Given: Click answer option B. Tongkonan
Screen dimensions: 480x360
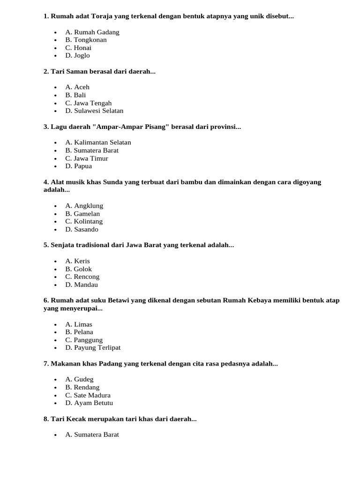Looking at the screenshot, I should [x=86, y=40].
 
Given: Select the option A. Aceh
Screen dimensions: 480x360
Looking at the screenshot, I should [x=77, y=87].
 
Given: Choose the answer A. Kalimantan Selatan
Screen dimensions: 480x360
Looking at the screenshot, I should [x=98, y=142].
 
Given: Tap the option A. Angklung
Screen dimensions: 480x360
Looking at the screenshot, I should [x=84, y=206].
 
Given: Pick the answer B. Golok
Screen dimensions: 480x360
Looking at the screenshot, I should [x=78, y=269].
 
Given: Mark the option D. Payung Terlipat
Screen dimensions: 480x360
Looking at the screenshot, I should [x=93, y=348].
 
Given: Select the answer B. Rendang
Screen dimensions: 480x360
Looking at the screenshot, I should [x=82, y=388].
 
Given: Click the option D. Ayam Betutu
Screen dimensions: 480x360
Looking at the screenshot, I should [x=89, y=403].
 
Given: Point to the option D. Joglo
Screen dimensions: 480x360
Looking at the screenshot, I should [x=77, y=55].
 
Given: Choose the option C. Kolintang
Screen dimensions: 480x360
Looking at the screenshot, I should [x=84, y=221].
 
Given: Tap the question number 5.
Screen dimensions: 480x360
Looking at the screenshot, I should [x=45, y=245].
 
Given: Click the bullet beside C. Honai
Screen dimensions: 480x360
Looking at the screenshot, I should [x=55, y=48].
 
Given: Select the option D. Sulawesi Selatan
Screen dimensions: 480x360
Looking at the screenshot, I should [x=94, y=111].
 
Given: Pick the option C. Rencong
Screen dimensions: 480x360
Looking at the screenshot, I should [x=82, y=277].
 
